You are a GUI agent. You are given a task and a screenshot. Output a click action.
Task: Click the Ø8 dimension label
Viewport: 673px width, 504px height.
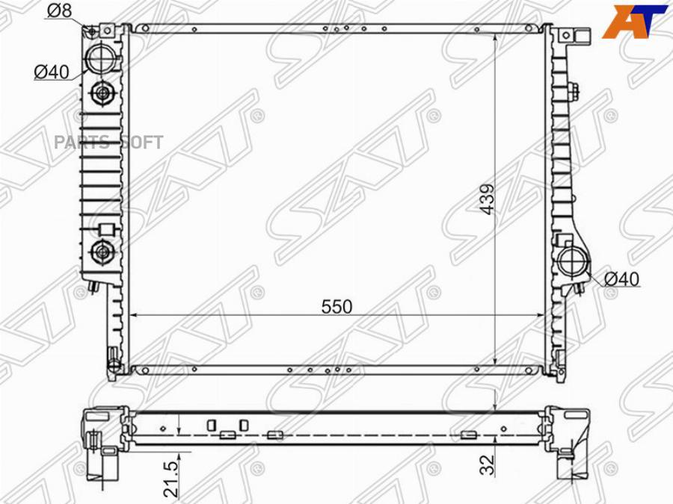(59, 10)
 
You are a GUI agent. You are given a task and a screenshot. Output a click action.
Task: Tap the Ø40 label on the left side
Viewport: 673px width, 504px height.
(51, 72)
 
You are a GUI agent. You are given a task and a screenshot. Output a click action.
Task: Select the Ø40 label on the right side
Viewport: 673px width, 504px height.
(621, 279)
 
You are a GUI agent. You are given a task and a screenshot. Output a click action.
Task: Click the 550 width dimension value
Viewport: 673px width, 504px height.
(337, 306)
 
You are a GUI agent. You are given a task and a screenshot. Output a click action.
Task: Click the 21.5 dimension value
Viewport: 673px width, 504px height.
(170, 479)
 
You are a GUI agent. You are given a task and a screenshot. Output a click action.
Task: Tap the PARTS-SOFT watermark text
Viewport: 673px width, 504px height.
(108, 142)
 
